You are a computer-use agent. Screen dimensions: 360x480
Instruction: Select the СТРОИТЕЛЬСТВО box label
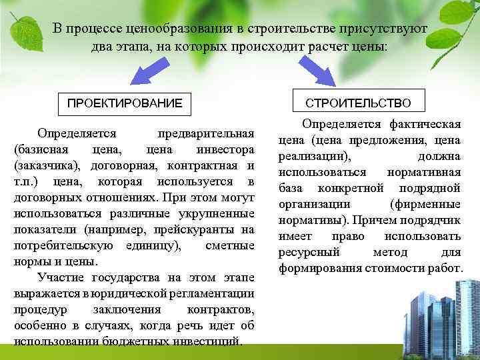(358, 103)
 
